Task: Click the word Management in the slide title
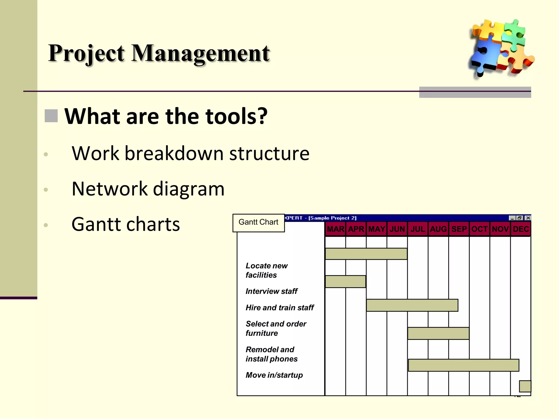201,53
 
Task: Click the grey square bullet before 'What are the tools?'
51,116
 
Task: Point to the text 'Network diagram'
148,189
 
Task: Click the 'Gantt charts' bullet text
126,224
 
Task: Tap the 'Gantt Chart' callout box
258,223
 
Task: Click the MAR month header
335,229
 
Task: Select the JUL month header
418,229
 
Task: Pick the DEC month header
521,229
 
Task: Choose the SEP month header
459,229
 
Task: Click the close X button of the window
528,218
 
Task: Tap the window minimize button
512,218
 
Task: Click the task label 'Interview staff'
271,291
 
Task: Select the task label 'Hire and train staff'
279,308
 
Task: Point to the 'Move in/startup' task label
274,375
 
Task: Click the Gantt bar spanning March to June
366,254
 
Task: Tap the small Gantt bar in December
525,386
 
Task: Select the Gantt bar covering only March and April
346,282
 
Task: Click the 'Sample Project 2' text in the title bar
332,218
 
